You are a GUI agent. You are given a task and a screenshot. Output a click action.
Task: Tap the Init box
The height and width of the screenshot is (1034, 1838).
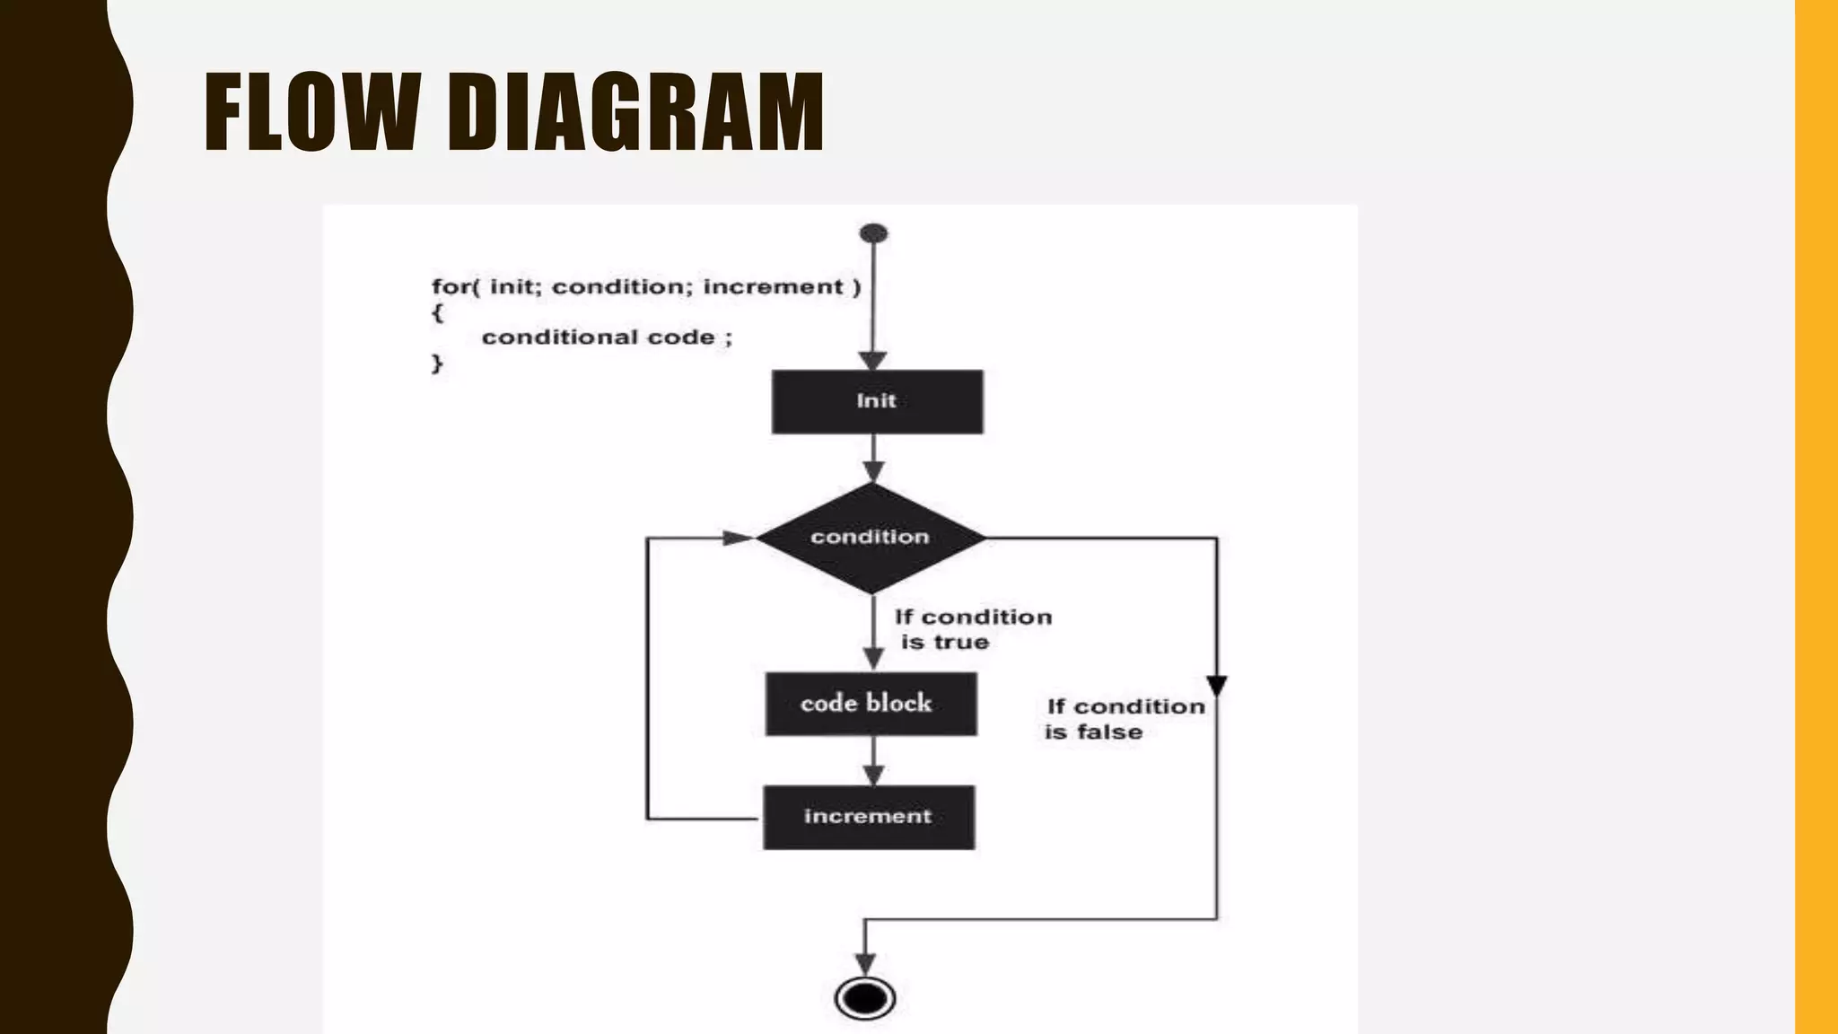pos(877,401)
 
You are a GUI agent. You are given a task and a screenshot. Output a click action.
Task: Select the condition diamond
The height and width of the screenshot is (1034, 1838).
pos(871,537)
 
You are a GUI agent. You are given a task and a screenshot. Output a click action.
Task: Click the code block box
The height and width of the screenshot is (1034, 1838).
pos(871,704)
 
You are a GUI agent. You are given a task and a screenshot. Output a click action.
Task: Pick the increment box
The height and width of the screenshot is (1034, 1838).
pos(869,817)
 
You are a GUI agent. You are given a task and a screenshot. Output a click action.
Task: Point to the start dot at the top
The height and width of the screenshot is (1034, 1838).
pos(873,234)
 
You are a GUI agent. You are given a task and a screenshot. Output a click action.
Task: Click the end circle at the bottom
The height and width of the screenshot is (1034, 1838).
pos(865,998)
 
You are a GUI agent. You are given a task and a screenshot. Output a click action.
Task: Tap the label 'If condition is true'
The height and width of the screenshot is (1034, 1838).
pos(973,629)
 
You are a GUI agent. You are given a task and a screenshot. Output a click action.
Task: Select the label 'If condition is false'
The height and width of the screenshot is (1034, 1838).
pos(1125,719)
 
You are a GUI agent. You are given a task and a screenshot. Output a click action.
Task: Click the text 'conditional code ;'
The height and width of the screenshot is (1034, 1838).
pos(607,337)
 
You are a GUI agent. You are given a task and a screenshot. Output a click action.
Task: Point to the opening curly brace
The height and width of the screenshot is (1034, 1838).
pos(437,312)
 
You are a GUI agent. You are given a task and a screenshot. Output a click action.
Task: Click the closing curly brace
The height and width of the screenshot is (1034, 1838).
pos(437,364)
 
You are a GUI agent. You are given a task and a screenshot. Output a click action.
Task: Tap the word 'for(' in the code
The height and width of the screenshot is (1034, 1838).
pos(456,287)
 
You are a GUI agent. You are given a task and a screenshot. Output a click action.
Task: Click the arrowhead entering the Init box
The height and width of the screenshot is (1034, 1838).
pos(873,361)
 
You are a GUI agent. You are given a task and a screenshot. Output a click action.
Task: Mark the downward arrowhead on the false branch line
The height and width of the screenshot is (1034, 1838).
pos(1217,686)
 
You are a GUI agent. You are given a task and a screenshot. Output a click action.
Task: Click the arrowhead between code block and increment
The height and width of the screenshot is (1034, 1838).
pos(873,775)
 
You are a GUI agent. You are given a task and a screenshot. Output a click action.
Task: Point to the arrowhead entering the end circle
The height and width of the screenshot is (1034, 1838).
pos(865,964)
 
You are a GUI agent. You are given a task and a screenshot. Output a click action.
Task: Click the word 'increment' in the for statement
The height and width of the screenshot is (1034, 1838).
pos(773,287)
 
